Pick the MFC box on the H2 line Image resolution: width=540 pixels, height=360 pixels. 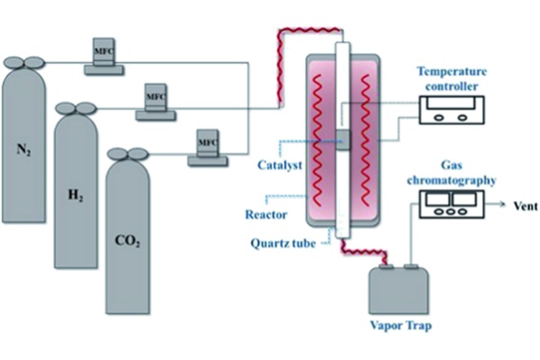pyautogui.click(x=156, y=96)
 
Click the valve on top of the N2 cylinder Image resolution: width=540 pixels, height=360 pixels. pyautogui.click(x=24, y=62)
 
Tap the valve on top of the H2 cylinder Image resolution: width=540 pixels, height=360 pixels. pyautogui.click(x=76, y=108)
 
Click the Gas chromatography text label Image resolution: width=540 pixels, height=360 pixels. pyautogui.click(x=456, y=174)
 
